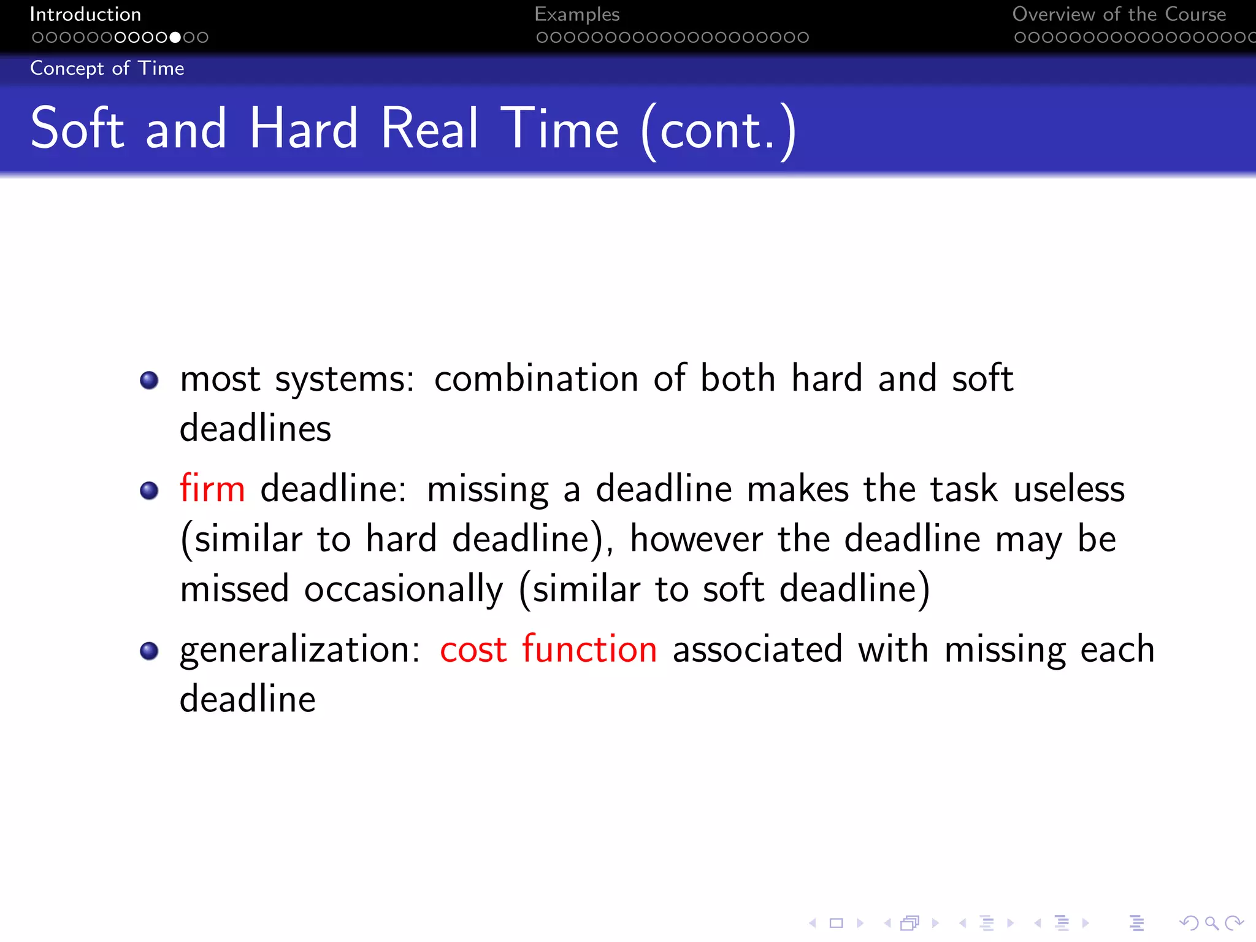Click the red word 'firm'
[x=212, y=489]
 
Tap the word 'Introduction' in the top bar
[x=85, y=14]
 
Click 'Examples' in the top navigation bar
[x=577, y=14]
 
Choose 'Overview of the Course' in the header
[x=1119, y=14]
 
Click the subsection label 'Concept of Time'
[x=107, y=68]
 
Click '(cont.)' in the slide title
[x=718, y=129]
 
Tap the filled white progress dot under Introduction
[x=175, y=37]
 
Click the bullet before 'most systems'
[x=149, y=380]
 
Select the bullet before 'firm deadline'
[x=149, y=491]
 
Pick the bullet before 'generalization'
[x=149, y=651]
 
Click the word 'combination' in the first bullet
[x=536, y=378]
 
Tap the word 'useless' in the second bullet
[x=1069, y=489]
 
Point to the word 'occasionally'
[x=404, y=589]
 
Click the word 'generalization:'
[x=300, y=650]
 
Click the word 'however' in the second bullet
[x=696, y=539]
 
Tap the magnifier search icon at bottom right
[x=1211, y=923]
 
